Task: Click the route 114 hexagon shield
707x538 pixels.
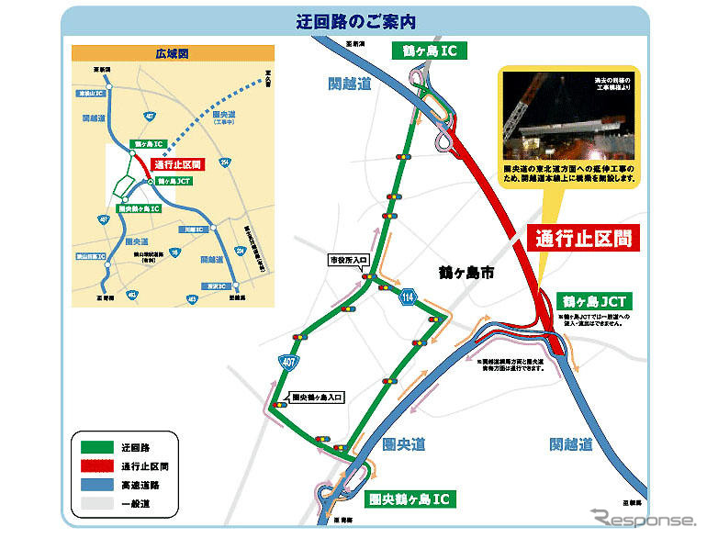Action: [407, 297]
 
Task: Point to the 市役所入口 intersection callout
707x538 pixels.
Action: [348, 261]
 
